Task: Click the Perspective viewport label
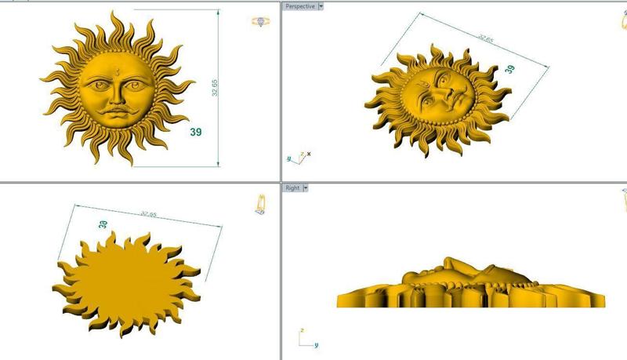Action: pos(300,6)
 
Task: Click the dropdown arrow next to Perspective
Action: pos(321,6)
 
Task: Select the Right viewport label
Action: pos(292,188)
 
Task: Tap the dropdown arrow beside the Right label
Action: pos(306,188)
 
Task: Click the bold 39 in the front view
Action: pos(196,133)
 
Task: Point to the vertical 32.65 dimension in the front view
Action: pos(215,88)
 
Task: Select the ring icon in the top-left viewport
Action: pos(259,22)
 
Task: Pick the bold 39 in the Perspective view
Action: pos(510,69)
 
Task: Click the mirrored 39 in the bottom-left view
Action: pos(102,224)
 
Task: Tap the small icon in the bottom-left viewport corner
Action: pos(259,204)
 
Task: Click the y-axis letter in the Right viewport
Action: pos(316,344)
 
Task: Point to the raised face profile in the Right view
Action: pos(455,271)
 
